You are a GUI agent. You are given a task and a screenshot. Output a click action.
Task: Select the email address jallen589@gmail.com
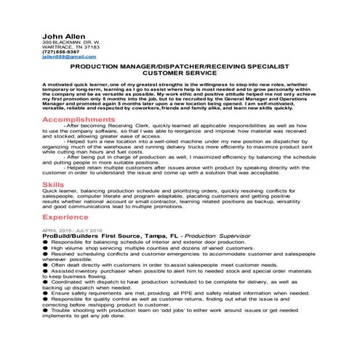tap(65, 55)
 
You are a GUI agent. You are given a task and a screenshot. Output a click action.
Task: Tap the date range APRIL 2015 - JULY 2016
tap(73, 231)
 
